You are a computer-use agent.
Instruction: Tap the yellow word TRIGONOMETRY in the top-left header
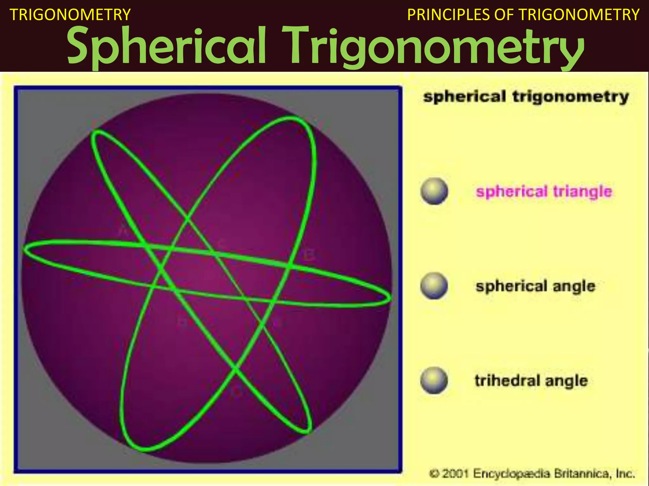pos(70,15)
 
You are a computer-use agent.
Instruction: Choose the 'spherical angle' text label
pos(536,286)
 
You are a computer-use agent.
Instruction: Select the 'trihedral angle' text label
pos(531,381)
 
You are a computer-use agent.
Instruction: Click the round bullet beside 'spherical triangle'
pos(434,191)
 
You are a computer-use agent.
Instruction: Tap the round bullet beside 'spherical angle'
pos(434,286)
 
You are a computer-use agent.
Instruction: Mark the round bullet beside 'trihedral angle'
pos(434,380)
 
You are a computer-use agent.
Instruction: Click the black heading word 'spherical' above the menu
pos(465,97)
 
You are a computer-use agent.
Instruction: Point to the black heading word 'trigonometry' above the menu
pos(570,97)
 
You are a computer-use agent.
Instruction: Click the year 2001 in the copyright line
pos(455,474)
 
